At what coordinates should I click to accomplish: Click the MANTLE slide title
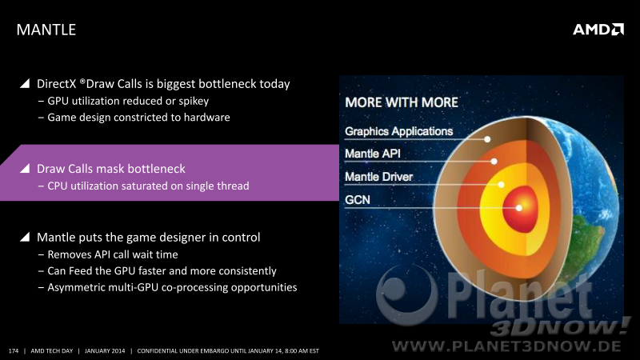(x=46, y=30)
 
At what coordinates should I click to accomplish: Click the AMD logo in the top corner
(x=598, y=30)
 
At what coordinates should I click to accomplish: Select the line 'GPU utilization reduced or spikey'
(x=128, y=101)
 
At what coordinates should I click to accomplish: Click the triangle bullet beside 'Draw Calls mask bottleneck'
(x=25, y=168)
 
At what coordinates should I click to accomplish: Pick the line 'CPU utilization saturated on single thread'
(x=148, y=186)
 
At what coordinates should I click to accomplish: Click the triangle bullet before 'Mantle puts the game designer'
(x=25, y=237)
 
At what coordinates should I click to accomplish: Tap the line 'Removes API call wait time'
(x=113, y=254)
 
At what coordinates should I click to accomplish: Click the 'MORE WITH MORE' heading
(x=402, y=102)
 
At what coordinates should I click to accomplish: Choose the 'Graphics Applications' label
(x=398, y=131)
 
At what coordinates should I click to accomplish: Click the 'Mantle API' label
(x=373, y=154)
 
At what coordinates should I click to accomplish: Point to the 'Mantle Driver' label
(x=378, y=176)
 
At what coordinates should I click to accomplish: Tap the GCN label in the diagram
(x=358, y=199)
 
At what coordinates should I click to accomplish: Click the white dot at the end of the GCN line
(x=518, y=208)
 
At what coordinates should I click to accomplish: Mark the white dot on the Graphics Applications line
(x=487, y=139)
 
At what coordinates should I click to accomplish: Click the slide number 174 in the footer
(x=14, y=350)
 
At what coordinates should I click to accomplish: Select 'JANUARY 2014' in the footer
(x=105, y=350)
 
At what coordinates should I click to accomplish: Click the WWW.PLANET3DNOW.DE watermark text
(x=506, y=346)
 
